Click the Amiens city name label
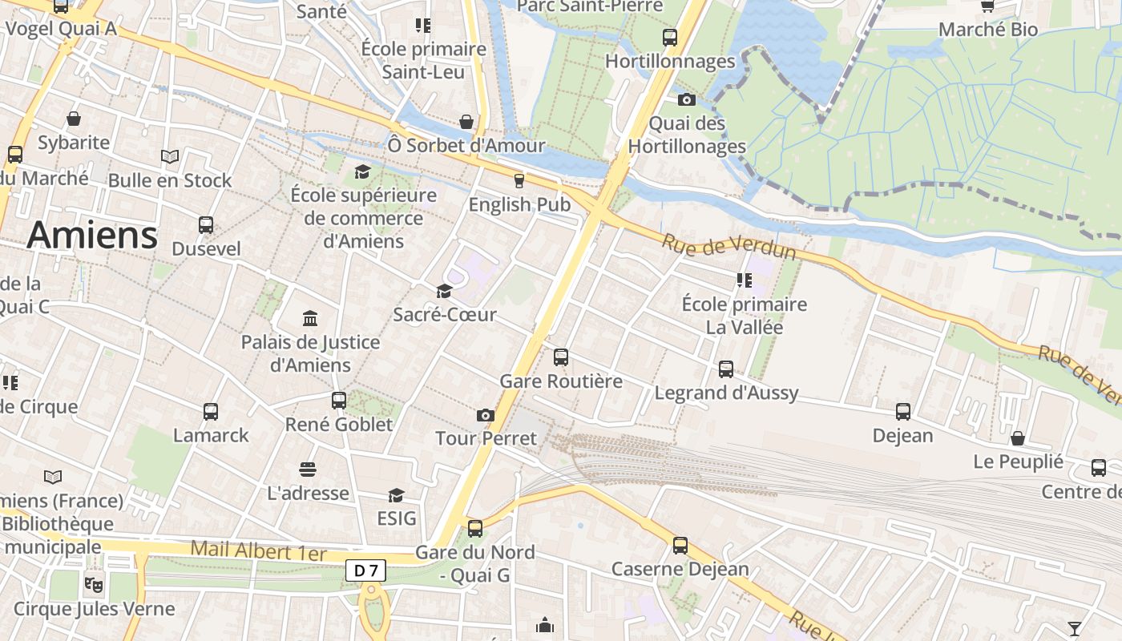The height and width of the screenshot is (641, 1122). pyautogui.click(x=92, y=236)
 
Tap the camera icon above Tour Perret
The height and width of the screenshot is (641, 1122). pyautogui.click(x=485, y=415)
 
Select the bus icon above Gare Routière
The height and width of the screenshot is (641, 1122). pyautogui.click(x=561, y=357)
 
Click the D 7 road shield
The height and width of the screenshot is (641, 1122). pyautogui.click(x=366, y=570)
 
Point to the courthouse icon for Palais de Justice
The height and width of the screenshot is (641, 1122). pyautogui.click(x=310, y=319)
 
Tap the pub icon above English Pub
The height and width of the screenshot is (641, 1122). pyautogui.click(x=519, y=181)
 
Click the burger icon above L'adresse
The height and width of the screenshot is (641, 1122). pyautogui.click(x=308, y=469)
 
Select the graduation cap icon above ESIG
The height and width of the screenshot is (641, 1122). pyautogui.click(x=396, y=495)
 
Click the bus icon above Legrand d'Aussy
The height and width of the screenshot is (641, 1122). pyautogui.click(x=726, y=369)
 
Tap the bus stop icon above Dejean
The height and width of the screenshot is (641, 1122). pyautogui.click(x=903, y=412)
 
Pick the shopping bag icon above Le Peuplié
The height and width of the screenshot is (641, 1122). pyautogui.click(x=1018, y=438)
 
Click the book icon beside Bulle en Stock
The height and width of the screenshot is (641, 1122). pyautogui.click(x=169, y=157)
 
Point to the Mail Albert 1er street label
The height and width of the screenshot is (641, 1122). pyautogui.click(x=259, y=552)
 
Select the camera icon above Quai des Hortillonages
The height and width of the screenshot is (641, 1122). pyautogui.click(x=687, y=100)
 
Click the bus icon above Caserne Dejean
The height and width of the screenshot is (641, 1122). pyautogui.click(x=680, y=546)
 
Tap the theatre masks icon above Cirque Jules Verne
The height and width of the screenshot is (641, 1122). pyautogui.click(x=94, y=585)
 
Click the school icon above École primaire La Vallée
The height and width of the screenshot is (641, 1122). pyautogui.click(x=744, y=280)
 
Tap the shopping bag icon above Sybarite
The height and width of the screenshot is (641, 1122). pyautogui.click(x=74, y=119)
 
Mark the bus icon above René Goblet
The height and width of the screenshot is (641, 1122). pyautogui.click(x=339, y=401)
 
